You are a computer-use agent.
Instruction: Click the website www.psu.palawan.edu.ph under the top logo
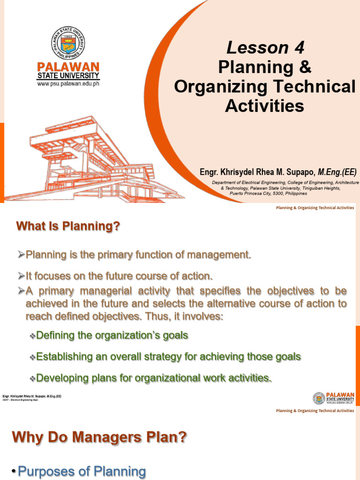tap(68, 84)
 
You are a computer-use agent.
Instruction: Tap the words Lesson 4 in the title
tap(265, 47)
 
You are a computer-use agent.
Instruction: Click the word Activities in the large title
tap(264, 106)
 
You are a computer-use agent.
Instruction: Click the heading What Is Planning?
tap(68, 226)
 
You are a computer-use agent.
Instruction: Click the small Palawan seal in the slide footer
tap(319, 398)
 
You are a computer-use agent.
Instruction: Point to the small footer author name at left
tap(32, 397)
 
